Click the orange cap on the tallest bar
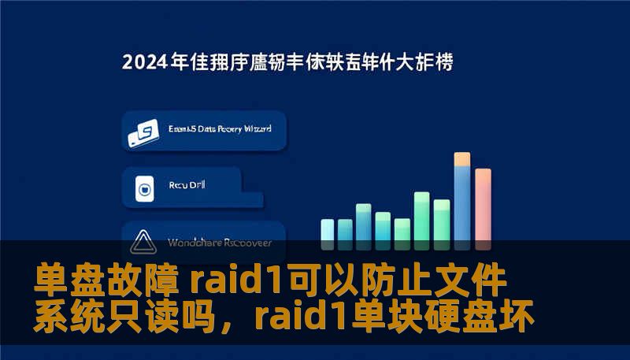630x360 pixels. click(462, 158)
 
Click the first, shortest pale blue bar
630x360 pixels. click(328, 230)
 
